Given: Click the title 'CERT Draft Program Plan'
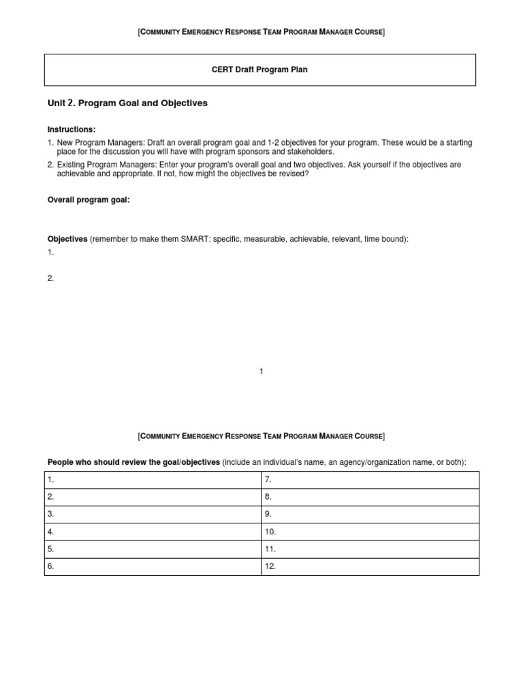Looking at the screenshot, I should (x=261, y=70).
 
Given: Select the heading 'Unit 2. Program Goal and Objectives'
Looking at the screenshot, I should (x=127, y=103).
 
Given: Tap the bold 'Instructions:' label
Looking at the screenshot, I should (x=72, y=129).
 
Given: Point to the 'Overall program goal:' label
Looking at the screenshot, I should (x=89, y=200).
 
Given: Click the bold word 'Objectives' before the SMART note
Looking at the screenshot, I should (x=67, y=240).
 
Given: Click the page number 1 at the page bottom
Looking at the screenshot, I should (x=261, y=371).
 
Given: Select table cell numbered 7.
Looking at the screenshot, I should (x=370, y=480).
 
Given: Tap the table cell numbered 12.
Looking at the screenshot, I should (x=370, y=566).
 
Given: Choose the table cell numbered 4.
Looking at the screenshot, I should (x=153, y=532).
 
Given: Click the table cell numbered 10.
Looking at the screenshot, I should (x=370, y=532).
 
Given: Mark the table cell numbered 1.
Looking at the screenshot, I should (x=153, y=480).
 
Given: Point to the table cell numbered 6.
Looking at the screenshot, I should (x=153, y=566).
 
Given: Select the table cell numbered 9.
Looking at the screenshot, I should (x=370, y=515).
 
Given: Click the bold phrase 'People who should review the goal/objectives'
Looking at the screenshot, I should (x=133, y=462).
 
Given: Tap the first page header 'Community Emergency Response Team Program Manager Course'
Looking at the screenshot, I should (x=261, y=32).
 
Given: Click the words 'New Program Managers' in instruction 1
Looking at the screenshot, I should (x=95, y=143).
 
